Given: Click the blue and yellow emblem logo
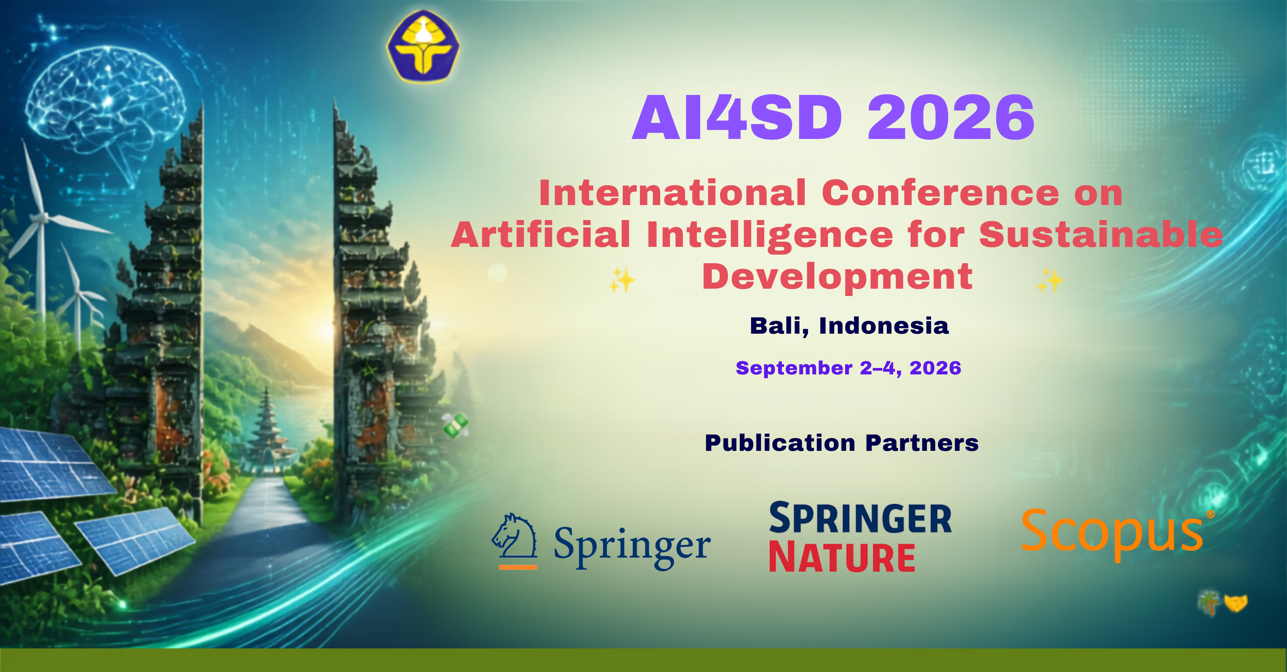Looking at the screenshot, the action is (423, 46).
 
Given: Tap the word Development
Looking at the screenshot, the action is (837, 278).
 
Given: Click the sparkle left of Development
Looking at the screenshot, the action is (622, 280).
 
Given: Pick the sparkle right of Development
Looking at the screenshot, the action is (1050, 280).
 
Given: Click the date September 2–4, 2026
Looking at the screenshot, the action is (848, 368).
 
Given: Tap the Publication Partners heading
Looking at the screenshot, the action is (841, 443).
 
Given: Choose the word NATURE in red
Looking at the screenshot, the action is (842, 558).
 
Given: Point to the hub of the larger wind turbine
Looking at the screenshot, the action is (44, 218).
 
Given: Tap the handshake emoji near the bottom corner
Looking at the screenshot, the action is (1236, 603).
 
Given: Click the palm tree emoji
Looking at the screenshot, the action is (1209, 603).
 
